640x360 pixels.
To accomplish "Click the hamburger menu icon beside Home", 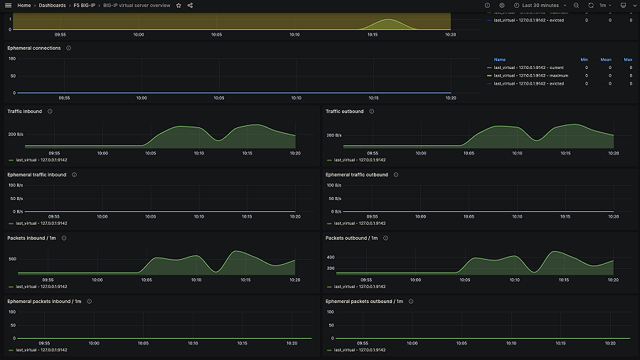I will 8,5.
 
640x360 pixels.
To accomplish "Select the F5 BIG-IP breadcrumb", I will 84,5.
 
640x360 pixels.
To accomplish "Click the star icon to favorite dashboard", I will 178,5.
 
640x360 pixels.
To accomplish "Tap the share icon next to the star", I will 190,5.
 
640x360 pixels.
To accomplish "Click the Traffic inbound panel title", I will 25,111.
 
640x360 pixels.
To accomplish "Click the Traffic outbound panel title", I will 345,111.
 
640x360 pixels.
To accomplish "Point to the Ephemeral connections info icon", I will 68,48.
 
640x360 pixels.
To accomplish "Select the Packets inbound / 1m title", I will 32,238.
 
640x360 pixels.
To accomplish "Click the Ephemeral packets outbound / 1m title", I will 364,301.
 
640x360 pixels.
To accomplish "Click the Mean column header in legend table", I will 606,60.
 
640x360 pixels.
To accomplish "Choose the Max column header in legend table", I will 628,60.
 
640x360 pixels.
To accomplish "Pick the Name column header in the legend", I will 500,60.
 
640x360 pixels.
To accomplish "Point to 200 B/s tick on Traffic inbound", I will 16,134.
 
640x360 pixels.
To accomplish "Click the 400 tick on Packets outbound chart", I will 331,257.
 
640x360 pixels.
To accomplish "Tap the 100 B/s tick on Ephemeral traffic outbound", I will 334,185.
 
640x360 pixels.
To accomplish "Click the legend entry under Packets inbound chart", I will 41,287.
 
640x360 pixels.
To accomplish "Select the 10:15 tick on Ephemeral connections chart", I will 373,97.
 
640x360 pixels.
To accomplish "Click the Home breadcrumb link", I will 24,5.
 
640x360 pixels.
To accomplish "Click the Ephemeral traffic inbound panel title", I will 37,174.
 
